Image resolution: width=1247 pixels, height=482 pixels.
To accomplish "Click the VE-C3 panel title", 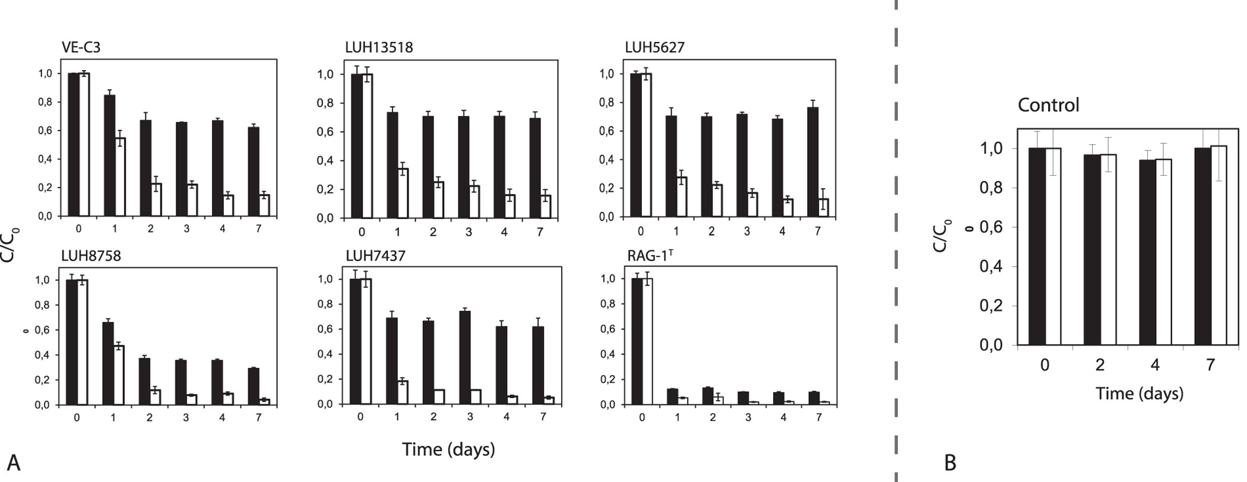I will pyautogui.click(x=81, y=47).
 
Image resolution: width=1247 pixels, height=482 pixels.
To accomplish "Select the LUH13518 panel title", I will pyautogui.click(x=378, y=47).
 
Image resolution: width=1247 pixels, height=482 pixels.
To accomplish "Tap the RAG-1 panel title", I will pyautogui.click(x=650, y=256).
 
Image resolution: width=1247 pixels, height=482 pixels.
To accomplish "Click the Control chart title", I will pyautogui.click(x=1048, y=105).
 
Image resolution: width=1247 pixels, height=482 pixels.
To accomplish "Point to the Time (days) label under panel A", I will pyautogui.click(x=448, y=449).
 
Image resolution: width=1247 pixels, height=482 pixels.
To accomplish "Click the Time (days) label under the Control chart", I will pyautogui.click(x=1139, y=394).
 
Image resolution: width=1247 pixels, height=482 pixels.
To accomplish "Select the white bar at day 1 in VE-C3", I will pyautogui.click(x=121, y=177).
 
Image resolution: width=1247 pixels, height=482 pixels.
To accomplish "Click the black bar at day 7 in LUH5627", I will pyautogui.click(x=813, y=162).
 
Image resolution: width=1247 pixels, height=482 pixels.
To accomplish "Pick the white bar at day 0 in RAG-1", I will pyautogui.click(x=648, y=341).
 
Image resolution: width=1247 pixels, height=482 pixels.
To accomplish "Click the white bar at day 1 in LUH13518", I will pyautogui.click(x=403, y=194).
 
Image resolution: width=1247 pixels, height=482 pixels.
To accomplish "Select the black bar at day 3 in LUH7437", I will pyautogui.click(x=465, y=358).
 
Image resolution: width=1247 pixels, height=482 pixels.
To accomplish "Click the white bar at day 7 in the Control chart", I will pyautogui.click(x=1218, y=245).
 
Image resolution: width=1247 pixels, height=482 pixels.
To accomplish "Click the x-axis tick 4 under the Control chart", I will pyautogui.click(x=1155, y=364).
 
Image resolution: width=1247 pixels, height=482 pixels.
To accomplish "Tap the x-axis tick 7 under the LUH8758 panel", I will pyautogui.click(x=258, y=418).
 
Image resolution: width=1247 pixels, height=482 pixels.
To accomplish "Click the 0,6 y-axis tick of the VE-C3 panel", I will pyautogui.click(x=46, y=131).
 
